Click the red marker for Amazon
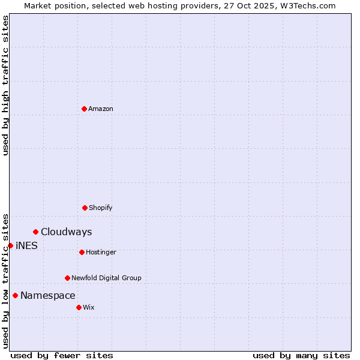pos(84,109)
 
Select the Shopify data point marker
pos(85,208)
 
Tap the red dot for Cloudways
pos(35,232)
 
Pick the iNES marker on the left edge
pos(10,245)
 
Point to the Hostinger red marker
pos(82,252)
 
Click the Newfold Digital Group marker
pos(67,278)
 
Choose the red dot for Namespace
pos(15,295)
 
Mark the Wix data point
pos(79,307)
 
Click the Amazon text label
pos(101,109)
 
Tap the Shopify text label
pos(101,208)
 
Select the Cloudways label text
pos(67,232)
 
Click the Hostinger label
pos(101,252)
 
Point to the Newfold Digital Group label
pos(106,278)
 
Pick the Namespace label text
pos(48,295)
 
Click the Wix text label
pos(89,307)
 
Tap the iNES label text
pos(26,245)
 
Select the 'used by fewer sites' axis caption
pos(62,355)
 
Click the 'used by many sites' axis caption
pos(301,355)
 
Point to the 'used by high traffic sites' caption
pos(6,85)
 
